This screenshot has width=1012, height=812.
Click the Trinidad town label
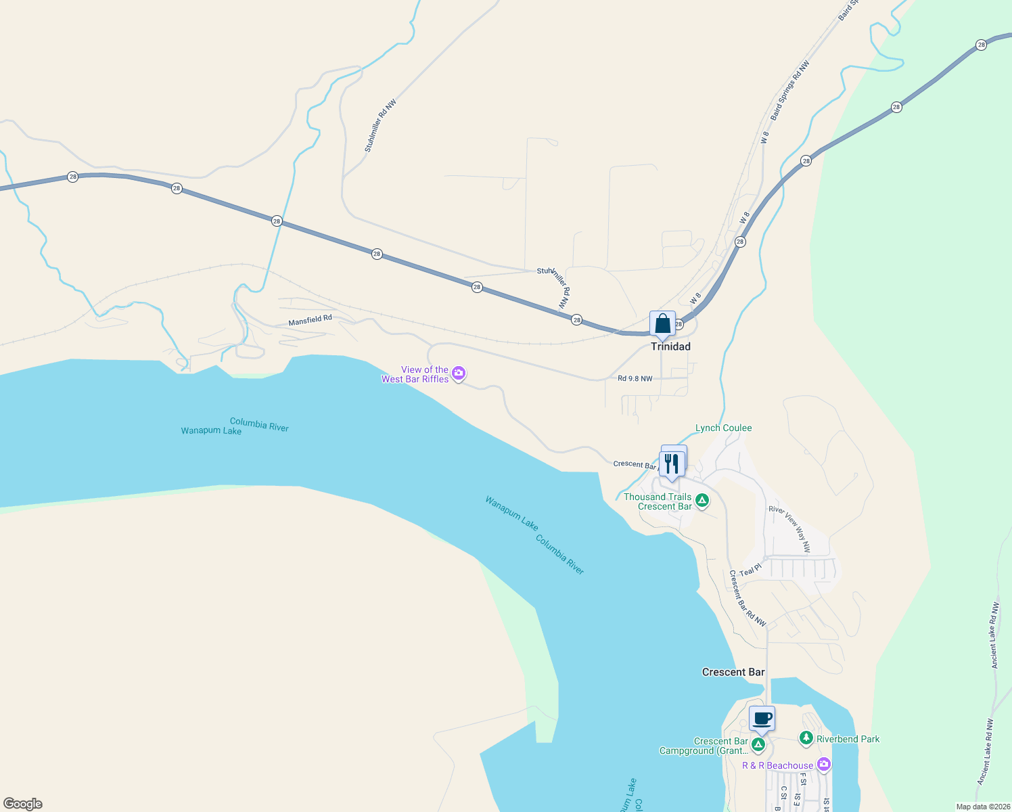pyautogui.click(x=670, y=346)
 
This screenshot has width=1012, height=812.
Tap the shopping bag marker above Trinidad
pyautogui.click(x=662, y=323)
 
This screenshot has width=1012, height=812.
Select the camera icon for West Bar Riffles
pyautogui.click(x=459, y=373)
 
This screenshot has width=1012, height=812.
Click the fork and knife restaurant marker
pyautogui.click(x=671, y=464)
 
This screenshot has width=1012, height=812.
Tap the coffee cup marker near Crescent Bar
pyautogui.click(x=762, y=719)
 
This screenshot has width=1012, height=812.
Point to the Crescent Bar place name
pyautogui.click(x=733, y=672)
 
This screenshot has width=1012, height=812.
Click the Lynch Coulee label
pyautogui.click(x=723, y=428)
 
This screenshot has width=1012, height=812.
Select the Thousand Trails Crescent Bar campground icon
pyautogui.click(x=702, y=501)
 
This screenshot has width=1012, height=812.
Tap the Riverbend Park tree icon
pyautogui.click(x=806, y=738)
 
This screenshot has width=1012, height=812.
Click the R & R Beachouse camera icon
pyautogui.click(x=823, y=765)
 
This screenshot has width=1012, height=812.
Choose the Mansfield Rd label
pyautogui.click(x=310, y=320)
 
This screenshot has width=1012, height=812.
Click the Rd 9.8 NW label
pyautogui.click(x=635, y=378)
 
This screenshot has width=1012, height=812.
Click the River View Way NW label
pyautogui.click(x=789, y=528)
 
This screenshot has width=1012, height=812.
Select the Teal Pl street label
pyautogui.click(x=750, y=571)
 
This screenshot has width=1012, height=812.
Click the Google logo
pyautogui.click(x=23, y=803)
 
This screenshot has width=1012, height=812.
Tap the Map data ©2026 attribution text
pyautogui.click(x=981, y=807)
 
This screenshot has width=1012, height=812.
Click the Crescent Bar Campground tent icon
pyautogui.click(x=758, y=745)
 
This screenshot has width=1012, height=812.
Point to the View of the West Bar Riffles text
pyautogui.click(x=415, y=374)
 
